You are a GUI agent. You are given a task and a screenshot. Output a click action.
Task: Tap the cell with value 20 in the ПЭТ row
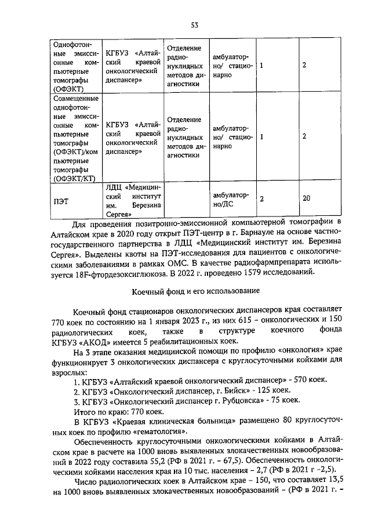306,198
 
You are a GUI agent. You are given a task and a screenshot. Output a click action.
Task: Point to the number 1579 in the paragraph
245,272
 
